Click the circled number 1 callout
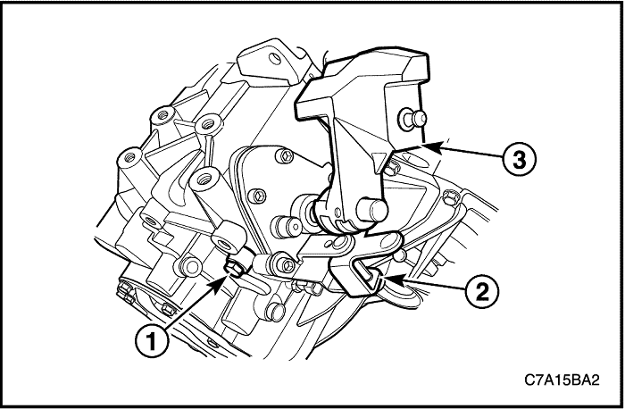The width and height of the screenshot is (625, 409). point(152,342)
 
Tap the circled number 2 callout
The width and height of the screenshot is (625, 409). point(482,293)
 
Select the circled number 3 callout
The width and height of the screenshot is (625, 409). point(519,160)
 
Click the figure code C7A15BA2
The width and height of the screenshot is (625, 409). point(562,380)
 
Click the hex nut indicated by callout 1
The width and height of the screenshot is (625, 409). point(233,267)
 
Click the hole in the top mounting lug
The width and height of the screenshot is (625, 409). point(274,59)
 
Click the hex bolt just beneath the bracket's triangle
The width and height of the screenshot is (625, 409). point(393,167)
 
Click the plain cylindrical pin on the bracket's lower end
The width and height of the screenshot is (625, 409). point(371,210)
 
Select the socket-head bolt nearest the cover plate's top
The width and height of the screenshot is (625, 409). point(284,156)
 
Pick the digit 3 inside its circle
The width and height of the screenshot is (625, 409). point(519,160)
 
